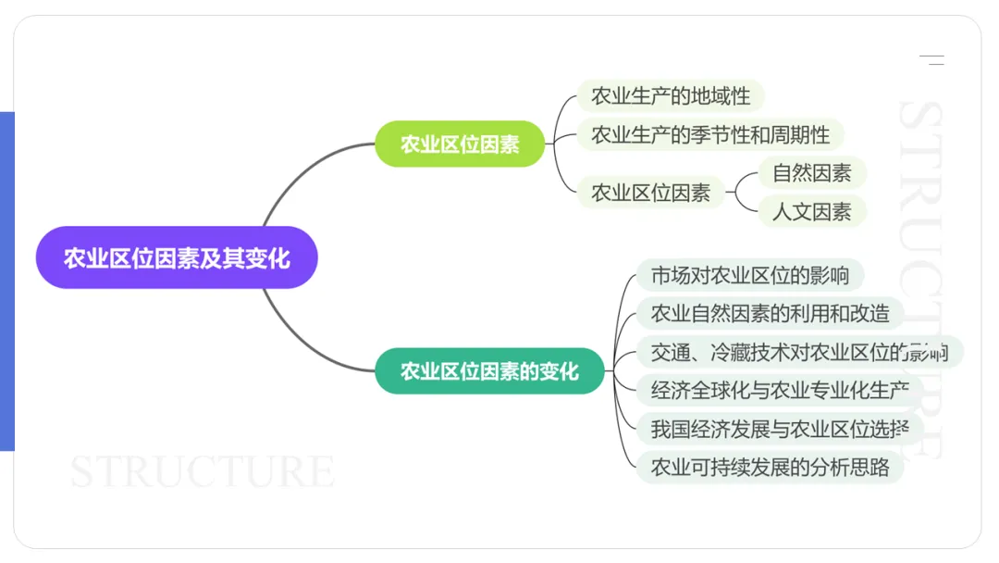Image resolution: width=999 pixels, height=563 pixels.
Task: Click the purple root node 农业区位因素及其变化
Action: click(177, 257)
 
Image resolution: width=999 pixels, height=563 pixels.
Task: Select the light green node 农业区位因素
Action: click(460, 144)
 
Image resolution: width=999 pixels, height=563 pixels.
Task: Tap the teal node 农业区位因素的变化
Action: click(489, 371)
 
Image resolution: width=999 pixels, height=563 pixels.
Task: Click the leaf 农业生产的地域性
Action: click(671, 95)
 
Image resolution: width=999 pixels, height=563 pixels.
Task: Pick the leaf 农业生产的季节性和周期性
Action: click(710, 134)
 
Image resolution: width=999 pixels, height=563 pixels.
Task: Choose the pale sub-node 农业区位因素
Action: click(651, 193)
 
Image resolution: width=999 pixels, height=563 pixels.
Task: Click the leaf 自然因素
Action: click(811, 172)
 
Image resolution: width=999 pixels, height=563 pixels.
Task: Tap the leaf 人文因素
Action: click(811, 211)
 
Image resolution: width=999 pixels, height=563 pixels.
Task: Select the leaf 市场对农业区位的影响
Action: click(749, 275)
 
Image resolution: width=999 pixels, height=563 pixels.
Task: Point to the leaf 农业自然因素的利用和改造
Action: click(770, 313)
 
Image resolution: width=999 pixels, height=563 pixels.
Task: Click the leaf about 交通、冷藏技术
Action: click(798, 352)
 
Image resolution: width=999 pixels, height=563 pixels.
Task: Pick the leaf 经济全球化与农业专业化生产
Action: click(780, 390)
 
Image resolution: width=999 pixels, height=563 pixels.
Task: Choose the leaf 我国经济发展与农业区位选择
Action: click(780, 428)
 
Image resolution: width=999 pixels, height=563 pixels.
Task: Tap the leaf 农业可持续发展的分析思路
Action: click(770, 467)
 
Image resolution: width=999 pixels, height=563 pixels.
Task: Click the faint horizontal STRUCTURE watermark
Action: click(203, 471)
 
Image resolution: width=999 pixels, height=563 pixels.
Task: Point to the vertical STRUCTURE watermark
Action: click(920, 278)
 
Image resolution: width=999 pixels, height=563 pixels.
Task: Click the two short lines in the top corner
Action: click(931, 60)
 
